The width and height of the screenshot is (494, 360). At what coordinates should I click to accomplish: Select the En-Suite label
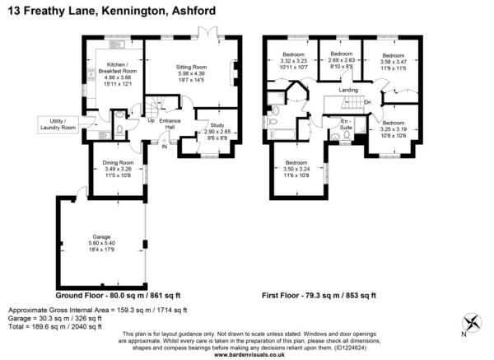tap(347, 124)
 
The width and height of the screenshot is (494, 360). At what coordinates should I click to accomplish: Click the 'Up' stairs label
tap(151, 121)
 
